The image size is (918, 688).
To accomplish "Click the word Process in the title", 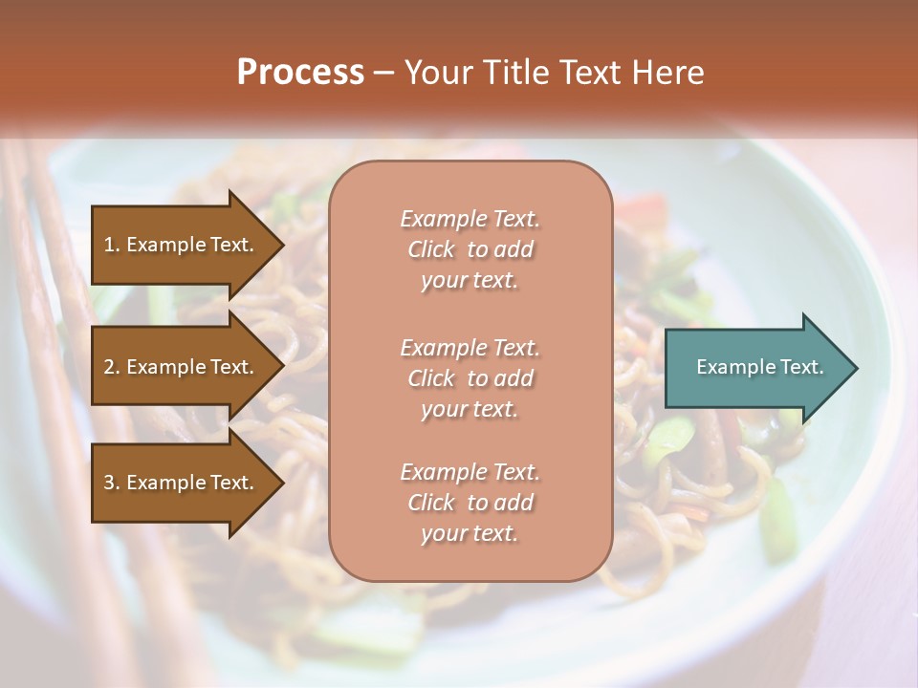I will [300, 73].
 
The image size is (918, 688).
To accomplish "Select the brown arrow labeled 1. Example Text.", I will [182, 245].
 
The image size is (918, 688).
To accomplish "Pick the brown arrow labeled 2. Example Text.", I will [182, 367].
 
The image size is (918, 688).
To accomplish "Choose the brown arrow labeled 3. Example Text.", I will [182, 483].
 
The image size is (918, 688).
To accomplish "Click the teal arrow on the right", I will [755, 367].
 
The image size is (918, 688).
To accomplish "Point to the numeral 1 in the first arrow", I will [109, 245].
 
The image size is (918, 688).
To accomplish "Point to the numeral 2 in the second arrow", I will [109, 367].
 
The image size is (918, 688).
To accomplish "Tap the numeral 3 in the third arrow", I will [109, 483].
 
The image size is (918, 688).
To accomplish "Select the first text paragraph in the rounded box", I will [470, 249].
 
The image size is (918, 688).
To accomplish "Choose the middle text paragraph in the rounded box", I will [470, 378].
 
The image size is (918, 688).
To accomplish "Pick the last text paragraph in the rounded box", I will [470, 503].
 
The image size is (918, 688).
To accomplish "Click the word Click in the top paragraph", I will [431, 249].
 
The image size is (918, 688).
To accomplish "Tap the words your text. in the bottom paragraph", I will [470, 534].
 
